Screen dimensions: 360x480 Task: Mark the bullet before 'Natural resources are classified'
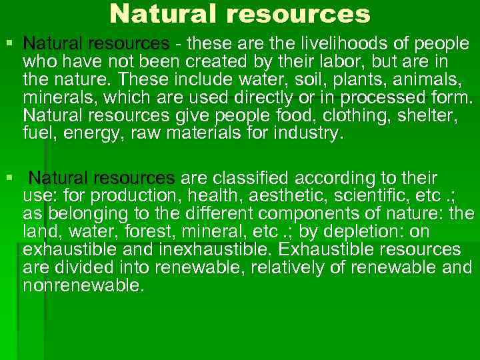[x=8, y=178]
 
